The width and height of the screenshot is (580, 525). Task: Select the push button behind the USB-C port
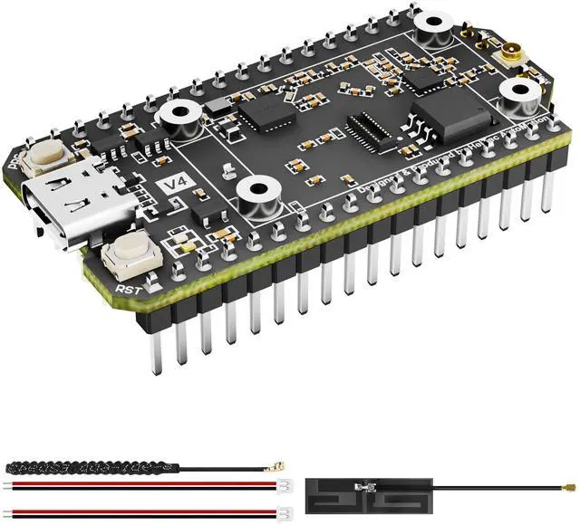coord(46,161)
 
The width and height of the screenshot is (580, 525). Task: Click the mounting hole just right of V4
coord(256,193)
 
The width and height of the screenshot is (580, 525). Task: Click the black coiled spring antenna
coord(67,468)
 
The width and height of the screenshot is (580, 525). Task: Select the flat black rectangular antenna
coord(371,493)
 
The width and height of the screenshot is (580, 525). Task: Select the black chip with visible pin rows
coord(372,132)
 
